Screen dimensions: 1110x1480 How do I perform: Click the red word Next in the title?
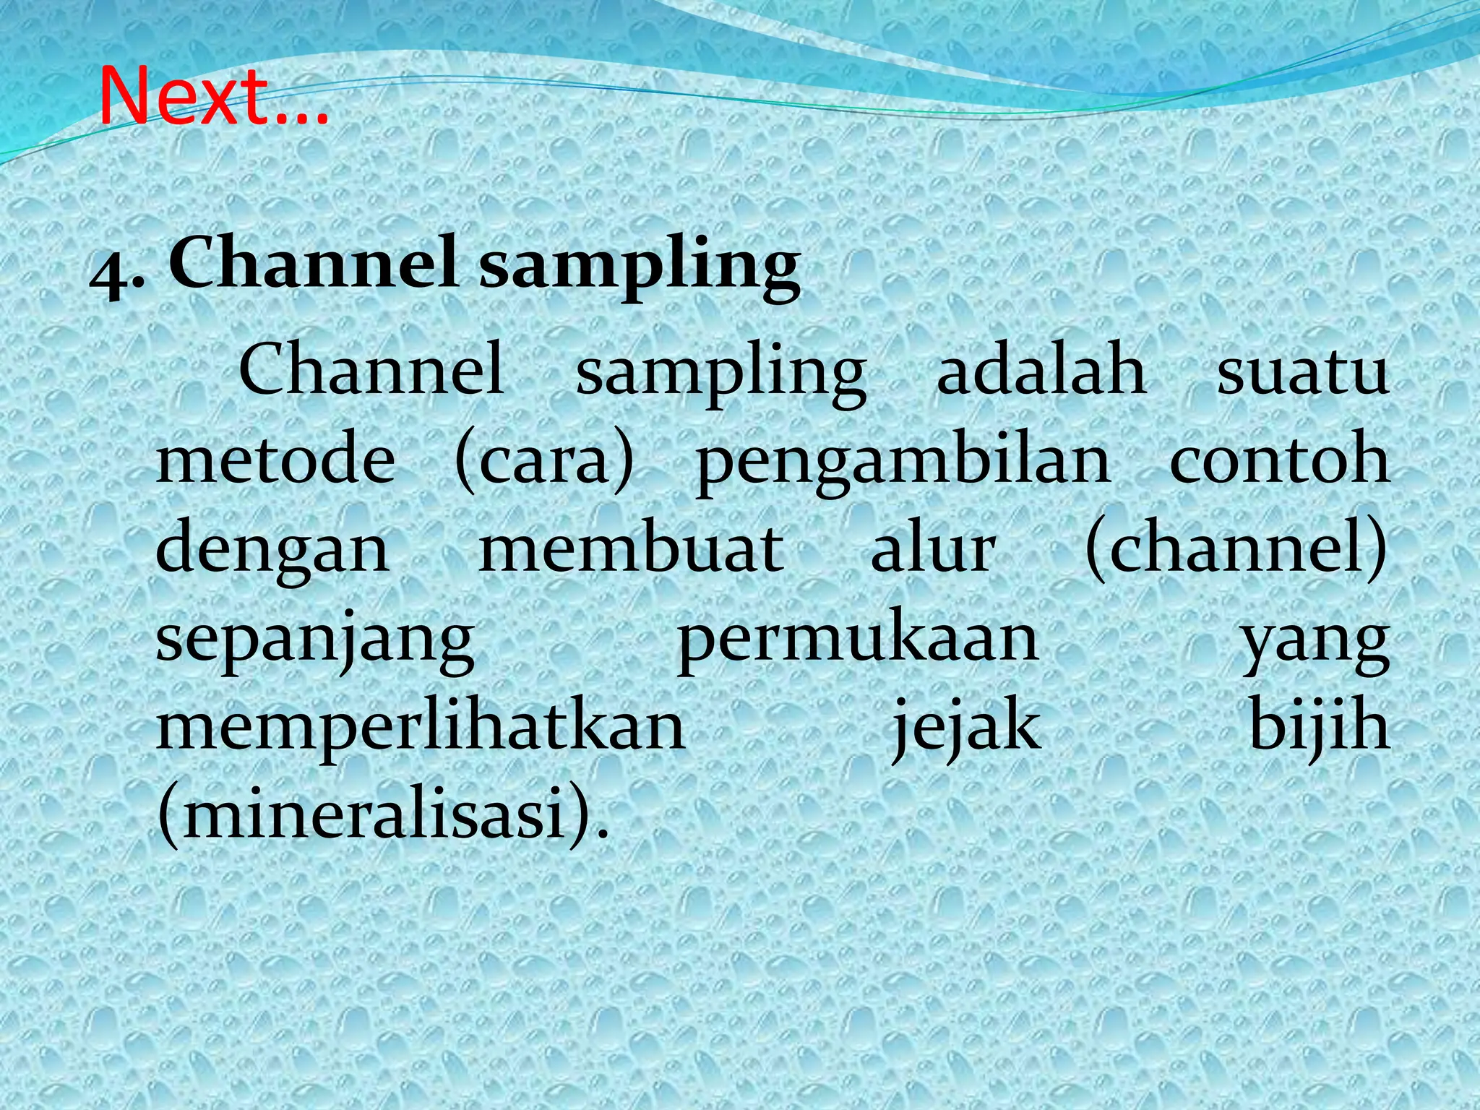(x=184, y=97)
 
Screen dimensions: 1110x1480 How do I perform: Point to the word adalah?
(x=1041, y=371)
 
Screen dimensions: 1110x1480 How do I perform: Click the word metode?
(x=275, y=460)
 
